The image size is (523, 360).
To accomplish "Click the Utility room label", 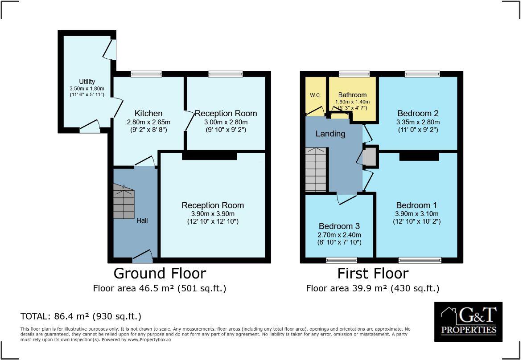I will (x=87, y=82).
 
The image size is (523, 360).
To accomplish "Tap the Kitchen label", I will (x=148, y=113).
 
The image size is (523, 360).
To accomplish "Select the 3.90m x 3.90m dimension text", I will (x=213, y=213).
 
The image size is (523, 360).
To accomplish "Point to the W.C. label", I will (x=316, y=95).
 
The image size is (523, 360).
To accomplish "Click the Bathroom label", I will (x=352, y=95).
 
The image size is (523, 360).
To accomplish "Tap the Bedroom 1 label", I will (x=416, y=205).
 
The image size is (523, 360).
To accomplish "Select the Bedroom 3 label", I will (x=339, y=226).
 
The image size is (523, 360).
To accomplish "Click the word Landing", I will (x=330, y=134).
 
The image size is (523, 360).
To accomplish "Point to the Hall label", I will (x=142, y=221).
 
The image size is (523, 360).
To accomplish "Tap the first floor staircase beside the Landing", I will (x=316, y=169).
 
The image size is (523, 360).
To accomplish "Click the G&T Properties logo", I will (x=468, y=322).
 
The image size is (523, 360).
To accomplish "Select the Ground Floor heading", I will (x=160, y=273).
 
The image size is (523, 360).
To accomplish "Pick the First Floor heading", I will (x=372, y=273).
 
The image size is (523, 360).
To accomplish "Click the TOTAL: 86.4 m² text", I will (x=81, y=316).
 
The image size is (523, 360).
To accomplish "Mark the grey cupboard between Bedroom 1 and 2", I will (x=370, y=157).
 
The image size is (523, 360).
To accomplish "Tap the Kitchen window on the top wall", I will (x=146, y=74).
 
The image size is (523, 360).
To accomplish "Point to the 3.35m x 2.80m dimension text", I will (x=418, y=122).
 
